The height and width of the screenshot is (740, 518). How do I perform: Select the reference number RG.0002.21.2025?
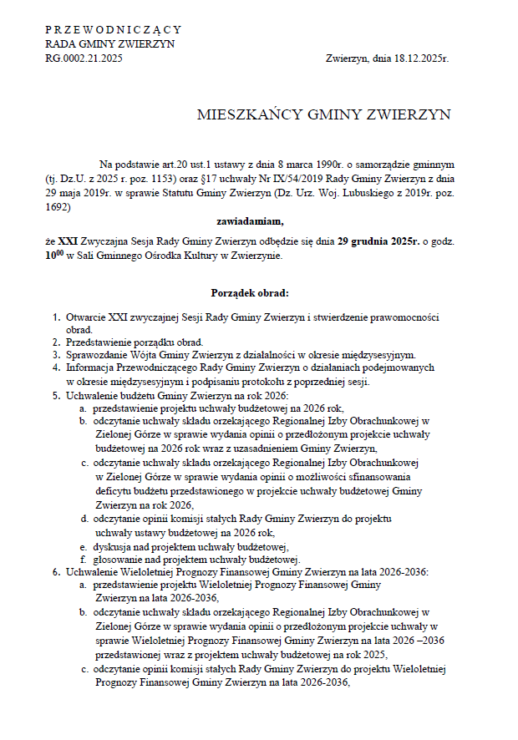tap(84, 58)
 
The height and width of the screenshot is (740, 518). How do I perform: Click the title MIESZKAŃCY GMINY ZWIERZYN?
tap(323, 115)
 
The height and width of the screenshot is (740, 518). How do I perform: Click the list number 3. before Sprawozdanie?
tap(57, 355)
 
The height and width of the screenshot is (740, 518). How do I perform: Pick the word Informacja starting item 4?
tap(90, 367)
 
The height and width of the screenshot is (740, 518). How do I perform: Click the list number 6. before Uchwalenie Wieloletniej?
tap(57, 571)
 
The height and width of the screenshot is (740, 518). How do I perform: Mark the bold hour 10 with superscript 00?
tap(54, 255)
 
